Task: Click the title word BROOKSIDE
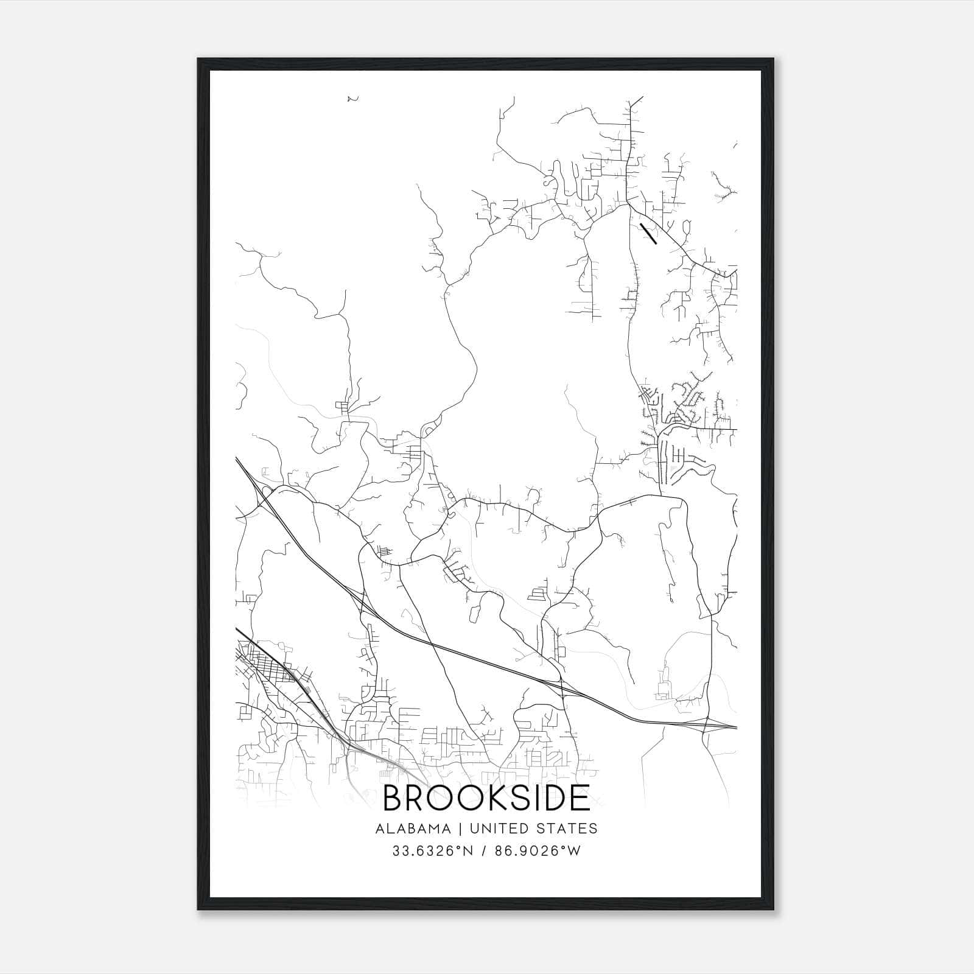pyautogui.click(x=486, y=799)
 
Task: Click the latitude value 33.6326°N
pyautogui.click(x=432, y=851)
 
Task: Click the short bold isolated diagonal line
pyautogui.click(x=648, y=233)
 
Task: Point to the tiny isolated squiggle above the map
pyautogui.click(x=351, y=99)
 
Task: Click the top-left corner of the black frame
pyautogui.click(x=199, y=60)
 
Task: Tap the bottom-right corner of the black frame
pyautogui.click(x=774, y=909)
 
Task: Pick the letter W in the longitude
pyautogui.click(x=575, y=851)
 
